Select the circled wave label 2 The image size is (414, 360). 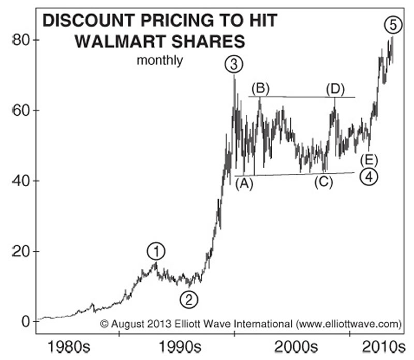tap(189, 298)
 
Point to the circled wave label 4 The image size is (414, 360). tap(368, 177)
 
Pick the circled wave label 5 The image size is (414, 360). tap(392, 24)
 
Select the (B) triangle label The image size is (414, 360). tap(260, 88)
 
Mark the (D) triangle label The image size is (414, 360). tap(335, 88)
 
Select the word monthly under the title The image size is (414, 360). tap(159, 61)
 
